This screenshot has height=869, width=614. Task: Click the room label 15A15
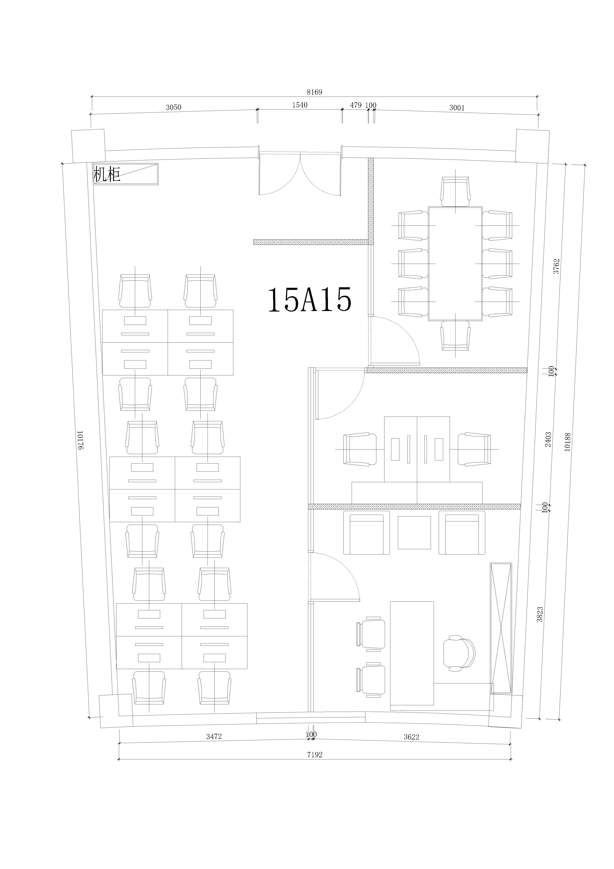click(x=310, y=299)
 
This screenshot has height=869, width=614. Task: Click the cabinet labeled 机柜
click(x=126, y=174)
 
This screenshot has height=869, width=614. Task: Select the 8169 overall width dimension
click(x=314, y=92)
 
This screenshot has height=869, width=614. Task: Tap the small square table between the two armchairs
click(x=414, y=532)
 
